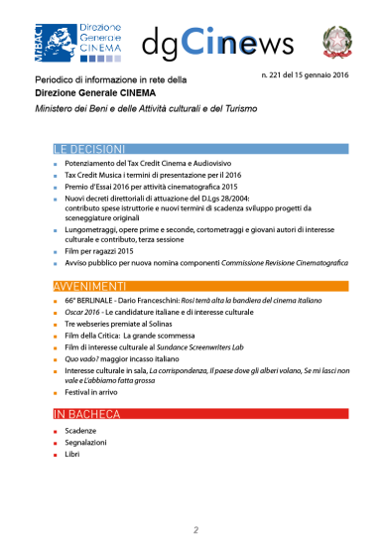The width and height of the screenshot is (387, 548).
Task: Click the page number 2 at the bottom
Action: click(x=195, y=529)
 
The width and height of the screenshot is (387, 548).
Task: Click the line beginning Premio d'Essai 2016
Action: click(x=162, y=186)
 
